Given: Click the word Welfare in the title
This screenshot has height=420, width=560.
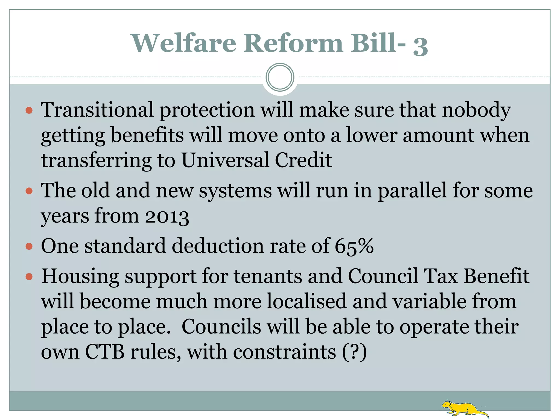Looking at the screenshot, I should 184,43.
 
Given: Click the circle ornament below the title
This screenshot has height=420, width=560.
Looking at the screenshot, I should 280,77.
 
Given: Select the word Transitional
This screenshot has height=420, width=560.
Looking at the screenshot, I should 97,110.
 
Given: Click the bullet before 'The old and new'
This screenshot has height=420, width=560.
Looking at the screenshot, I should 29,191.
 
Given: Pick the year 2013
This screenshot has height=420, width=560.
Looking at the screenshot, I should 167,217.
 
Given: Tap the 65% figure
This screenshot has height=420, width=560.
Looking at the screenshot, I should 354,246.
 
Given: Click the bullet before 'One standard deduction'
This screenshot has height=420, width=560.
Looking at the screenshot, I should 29,247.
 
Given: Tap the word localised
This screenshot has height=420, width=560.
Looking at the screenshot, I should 306,301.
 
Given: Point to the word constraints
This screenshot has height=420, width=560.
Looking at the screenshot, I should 284,352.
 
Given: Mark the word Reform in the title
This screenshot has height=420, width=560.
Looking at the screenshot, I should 293,43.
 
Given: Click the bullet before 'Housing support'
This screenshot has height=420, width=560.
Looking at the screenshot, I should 29,277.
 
